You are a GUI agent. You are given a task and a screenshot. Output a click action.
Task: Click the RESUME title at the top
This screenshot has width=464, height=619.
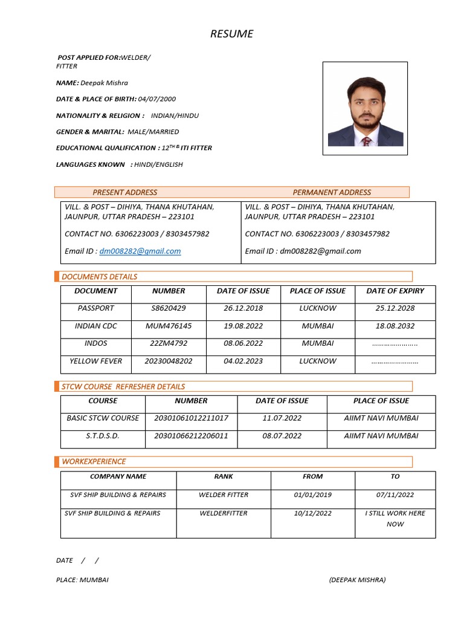tap(232, 34)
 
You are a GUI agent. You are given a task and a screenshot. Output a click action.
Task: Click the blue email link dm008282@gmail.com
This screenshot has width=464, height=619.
tap(140, 251)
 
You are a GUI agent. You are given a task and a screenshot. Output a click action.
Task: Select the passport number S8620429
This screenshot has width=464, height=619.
tap(169, 308)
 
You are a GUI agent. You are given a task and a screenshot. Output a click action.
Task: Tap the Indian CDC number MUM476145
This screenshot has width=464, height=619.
tap(169, 326)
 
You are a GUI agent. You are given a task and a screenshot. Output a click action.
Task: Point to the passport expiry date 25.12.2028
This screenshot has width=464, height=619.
tap(395, 308)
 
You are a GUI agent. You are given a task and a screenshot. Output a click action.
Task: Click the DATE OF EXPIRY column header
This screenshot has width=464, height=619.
tap(395, 291)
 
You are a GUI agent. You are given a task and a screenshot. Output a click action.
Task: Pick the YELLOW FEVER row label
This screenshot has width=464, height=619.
tap(95, 361)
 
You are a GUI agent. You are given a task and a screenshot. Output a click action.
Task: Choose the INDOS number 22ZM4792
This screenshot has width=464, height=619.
tap(169, 343)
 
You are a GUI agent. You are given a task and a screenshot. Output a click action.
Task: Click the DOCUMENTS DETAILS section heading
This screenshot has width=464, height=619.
tap(99, 277)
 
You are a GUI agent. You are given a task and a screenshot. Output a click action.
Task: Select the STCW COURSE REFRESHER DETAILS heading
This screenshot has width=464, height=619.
tap(123, 386)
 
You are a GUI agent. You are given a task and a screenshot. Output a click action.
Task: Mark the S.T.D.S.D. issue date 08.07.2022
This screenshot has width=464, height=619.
tap(282, 435)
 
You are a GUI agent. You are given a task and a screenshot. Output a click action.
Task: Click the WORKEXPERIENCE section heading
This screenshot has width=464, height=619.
tap(94, 461)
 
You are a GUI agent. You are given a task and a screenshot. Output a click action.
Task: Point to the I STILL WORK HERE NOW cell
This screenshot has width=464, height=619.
tap(395, 519)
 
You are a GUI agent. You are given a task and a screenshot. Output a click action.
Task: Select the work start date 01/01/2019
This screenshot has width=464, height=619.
tap(312, 495)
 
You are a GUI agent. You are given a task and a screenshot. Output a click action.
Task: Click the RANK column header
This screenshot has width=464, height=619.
tap(223, 476)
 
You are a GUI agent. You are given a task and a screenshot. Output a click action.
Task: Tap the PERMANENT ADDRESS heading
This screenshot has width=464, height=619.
tap(332, 192)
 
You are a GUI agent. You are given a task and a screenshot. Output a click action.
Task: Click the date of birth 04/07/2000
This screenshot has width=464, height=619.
tap(157, 99)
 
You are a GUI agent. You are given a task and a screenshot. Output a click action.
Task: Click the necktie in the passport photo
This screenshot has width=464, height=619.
tap(366, 141)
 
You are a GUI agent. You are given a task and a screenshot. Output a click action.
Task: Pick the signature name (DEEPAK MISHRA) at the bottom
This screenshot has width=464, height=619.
tap(357, 580)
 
